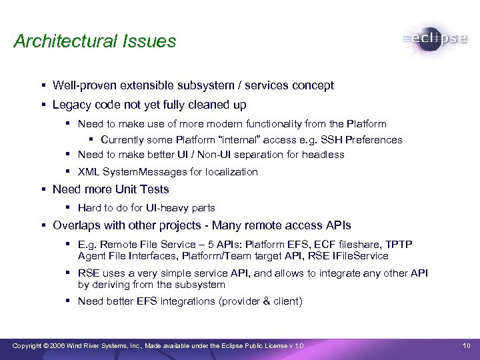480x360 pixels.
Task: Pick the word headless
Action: [x=323, y=154]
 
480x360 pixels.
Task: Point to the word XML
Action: [x=88, y=172]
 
